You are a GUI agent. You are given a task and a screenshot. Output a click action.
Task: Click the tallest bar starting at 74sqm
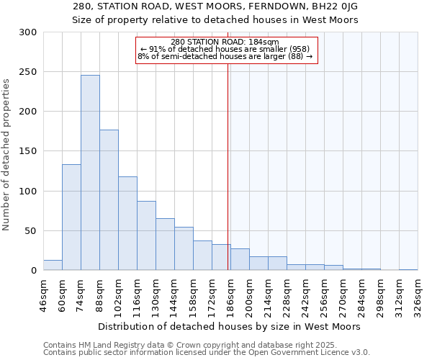90,173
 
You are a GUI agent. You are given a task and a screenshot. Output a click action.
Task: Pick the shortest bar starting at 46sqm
53,266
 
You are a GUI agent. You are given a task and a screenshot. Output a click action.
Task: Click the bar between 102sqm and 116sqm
127,223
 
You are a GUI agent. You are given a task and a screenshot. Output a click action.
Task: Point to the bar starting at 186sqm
240,260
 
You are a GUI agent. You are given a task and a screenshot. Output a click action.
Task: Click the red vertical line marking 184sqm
228,166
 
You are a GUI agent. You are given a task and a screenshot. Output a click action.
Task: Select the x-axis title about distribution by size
229,326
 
